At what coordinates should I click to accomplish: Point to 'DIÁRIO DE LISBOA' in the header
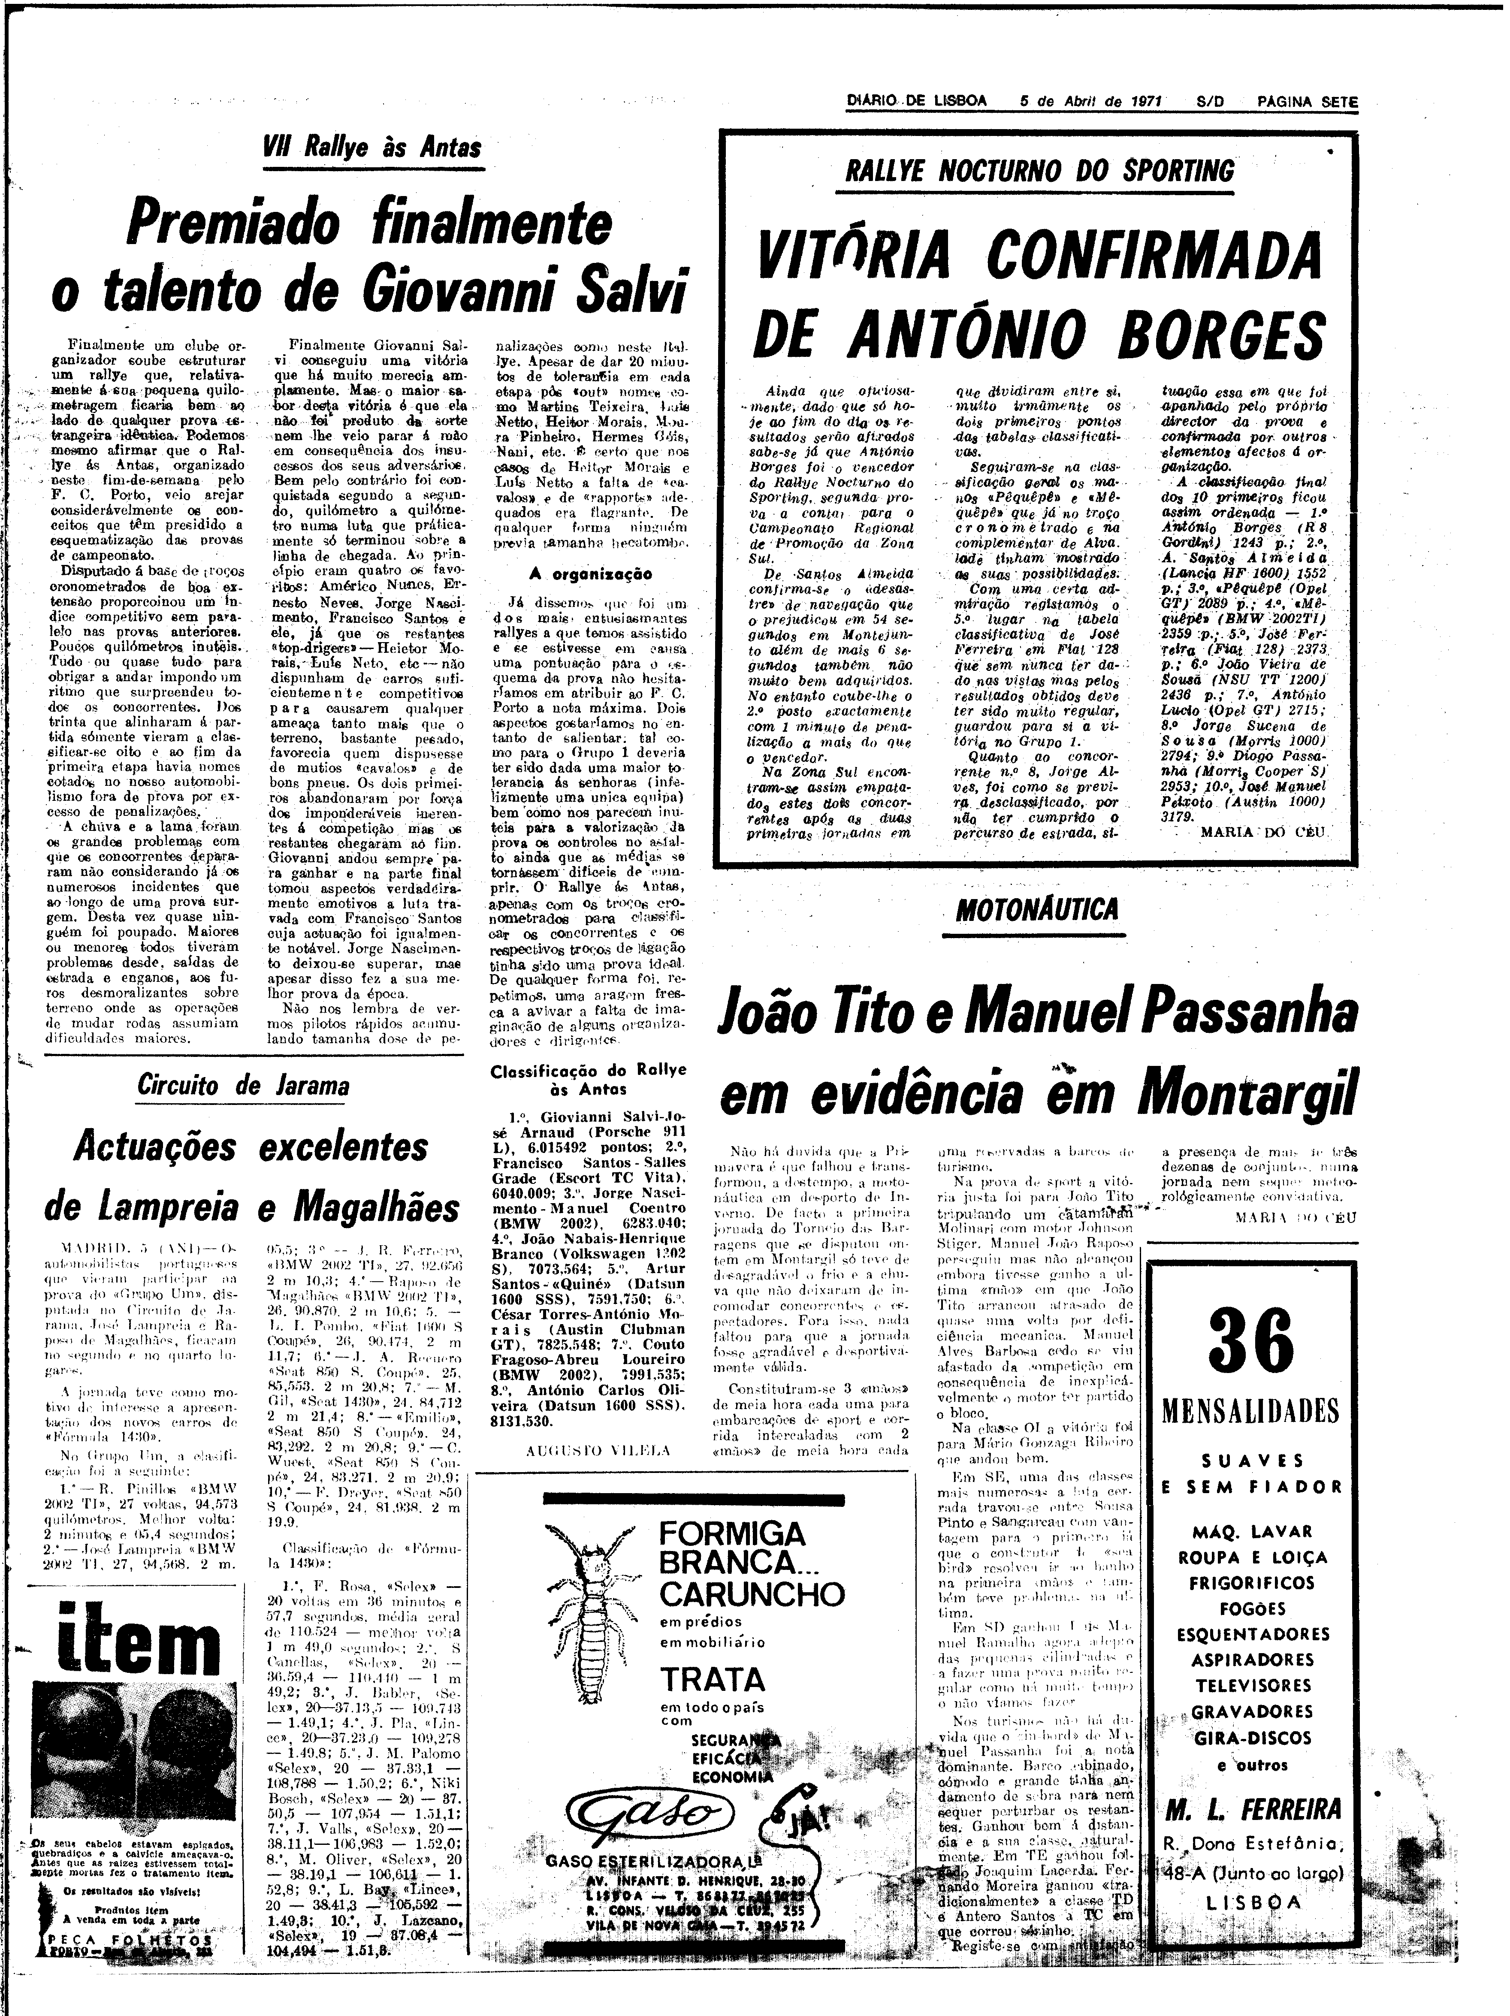916,103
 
